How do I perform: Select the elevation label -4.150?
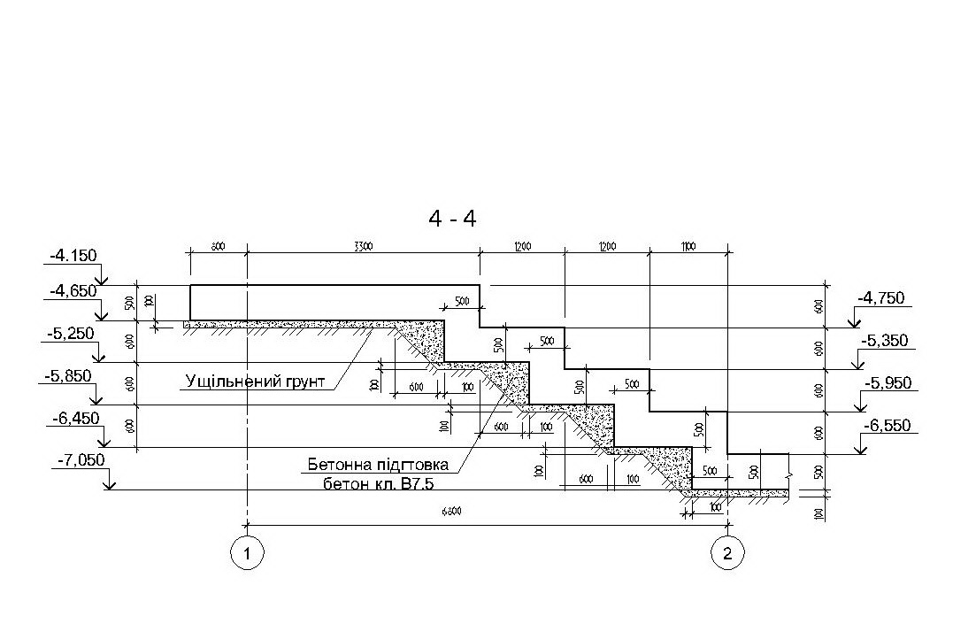coord(73,257)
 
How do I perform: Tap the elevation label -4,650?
coord(73,289)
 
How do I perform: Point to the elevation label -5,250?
coord(70,333)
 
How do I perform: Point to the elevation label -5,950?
coord(887,383)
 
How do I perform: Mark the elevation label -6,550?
coord(887,427)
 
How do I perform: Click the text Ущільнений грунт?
coord(255,382)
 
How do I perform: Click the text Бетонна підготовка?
coord(378,465)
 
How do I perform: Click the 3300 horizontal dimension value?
coord(361,247)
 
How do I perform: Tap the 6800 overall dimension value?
coord(452,513)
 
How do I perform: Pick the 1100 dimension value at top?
coord(688,247)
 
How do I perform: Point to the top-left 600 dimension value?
coord(218,247)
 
